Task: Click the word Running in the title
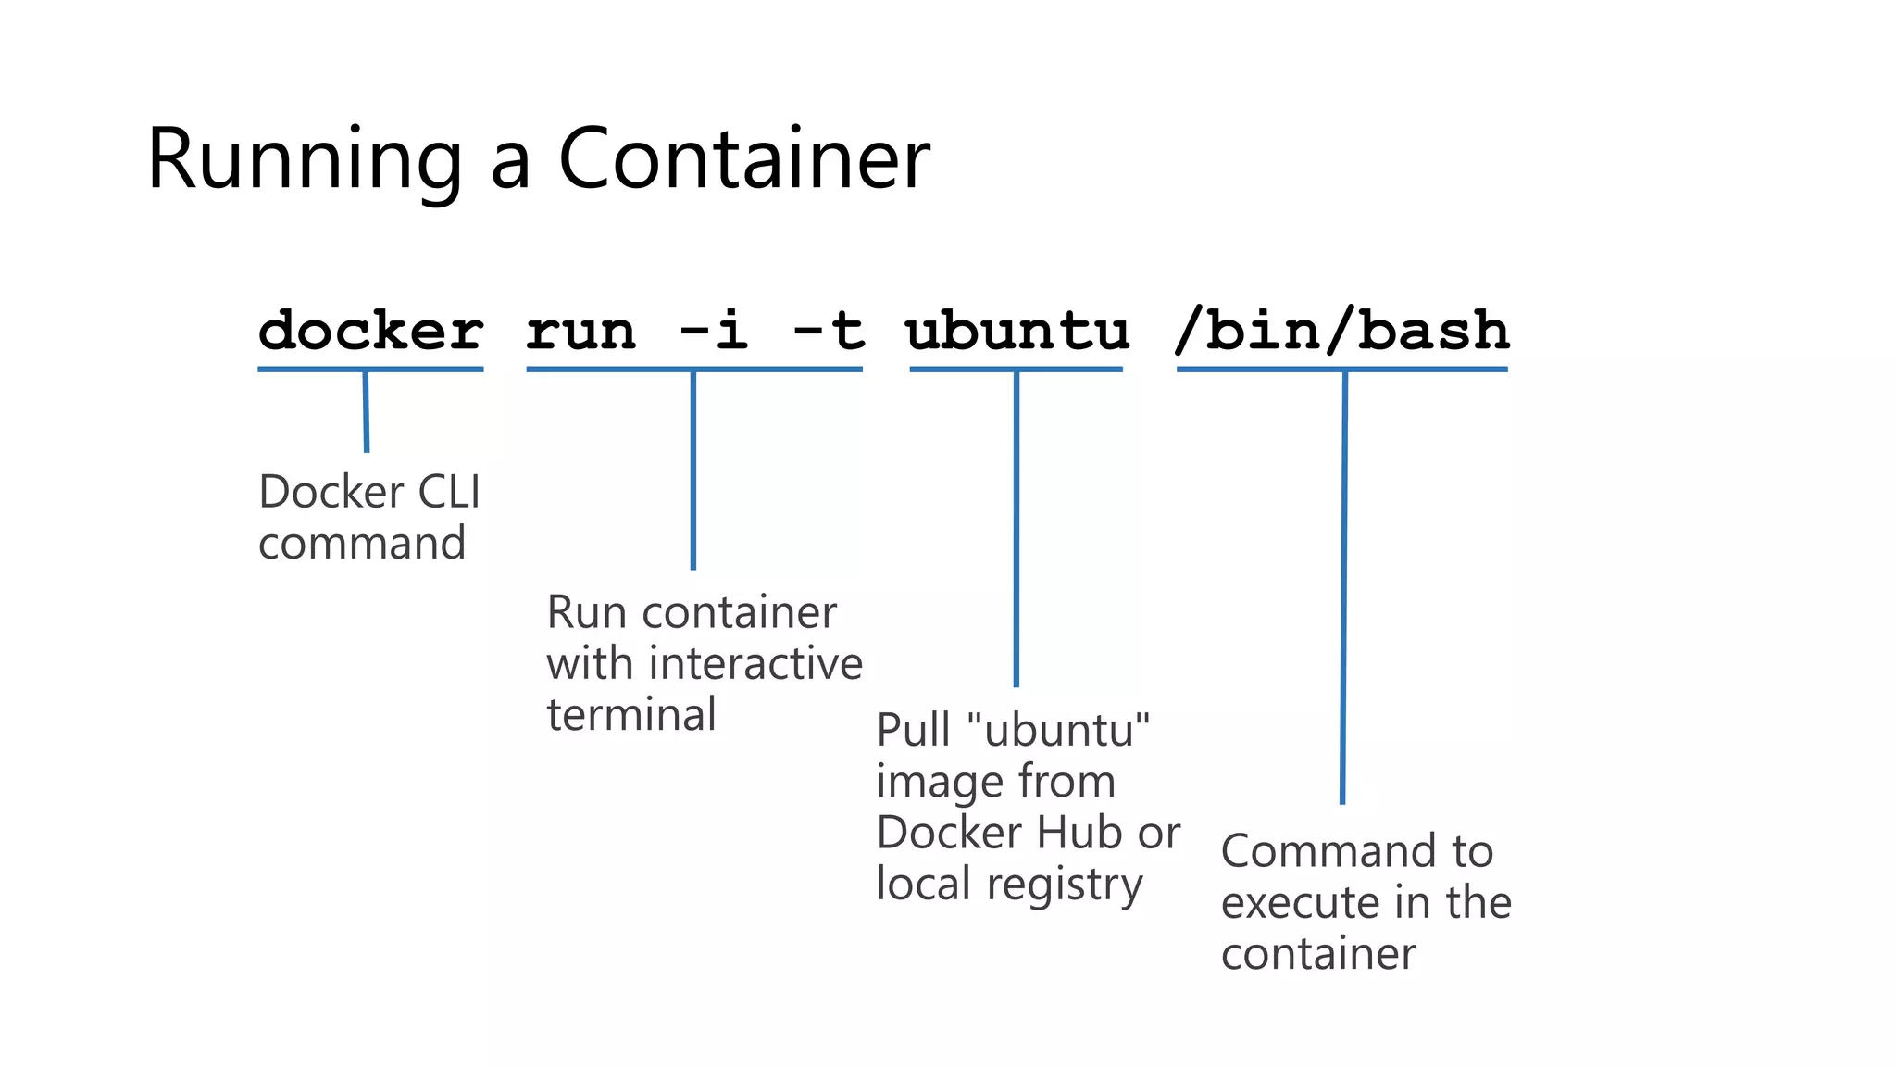[x=304, y=160]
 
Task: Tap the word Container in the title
[x=743, y=158]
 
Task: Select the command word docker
[x=370, y=331]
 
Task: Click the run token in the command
[x=581, y=331]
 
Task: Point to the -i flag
[x=714, y=331]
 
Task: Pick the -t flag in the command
[x=829, y=331]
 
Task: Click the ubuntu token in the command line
[x=1017, y=331]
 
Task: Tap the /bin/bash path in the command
[x=1341, y=331]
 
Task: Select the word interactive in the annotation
[x=755, y=664]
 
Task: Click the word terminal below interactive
[x=631, y=715]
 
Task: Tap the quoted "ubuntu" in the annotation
[x=1057, y=730]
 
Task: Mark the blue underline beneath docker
[x=370, y=370]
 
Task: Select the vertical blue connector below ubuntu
[x=1016, y=528]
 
